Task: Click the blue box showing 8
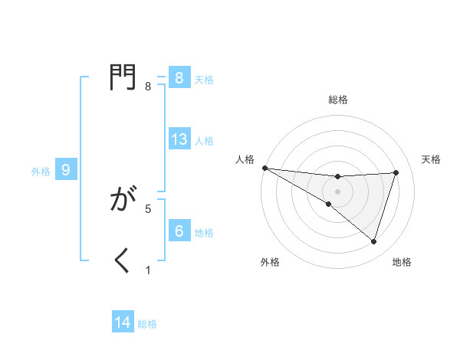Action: coord(179,78)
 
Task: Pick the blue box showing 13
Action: coord(179,139)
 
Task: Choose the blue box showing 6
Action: coord(179,231)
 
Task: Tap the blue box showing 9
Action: coord(66,170)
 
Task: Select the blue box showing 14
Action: coord(123,322)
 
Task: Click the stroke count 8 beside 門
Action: coord(148,87)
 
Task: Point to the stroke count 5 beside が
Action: coord(148,208)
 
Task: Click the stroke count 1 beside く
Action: coord(148,270)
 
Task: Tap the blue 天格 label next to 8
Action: coord(204,79)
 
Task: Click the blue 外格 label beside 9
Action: coord(41,172)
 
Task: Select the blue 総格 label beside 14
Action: coord(147,324)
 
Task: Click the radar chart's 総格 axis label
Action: coord(337,100)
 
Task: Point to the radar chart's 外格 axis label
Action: coord(270,263)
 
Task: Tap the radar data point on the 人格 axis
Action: coord(264,167)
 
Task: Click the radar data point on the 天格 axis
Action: coord(396,172)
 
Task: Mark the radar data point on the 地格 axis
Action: coord(374,242)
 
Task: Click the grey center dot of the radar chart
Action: coord(337,191)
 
